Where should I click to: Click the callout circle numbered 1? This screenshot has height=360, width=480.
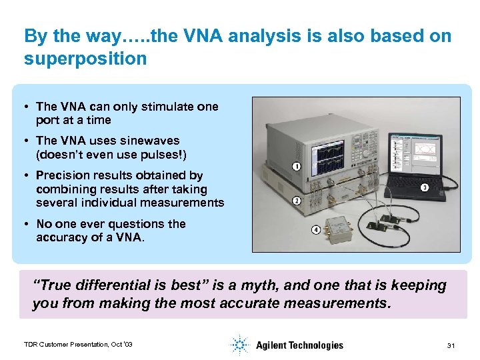coord(296,166)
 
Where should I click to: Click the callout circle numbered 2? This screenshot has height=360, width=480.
coord(296,200)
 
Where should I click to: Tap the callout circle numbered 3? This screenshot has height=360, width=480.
coord(424,187)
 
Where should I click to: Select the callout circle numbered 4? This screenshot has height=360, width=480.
coord(315,230)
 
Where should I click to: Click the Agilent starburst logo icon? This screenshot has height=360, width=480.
coord(239,345)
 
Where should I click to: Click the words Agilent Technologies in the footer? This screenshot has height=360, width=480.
coord(299,345)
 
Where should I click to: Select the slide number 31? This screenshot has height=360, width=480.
coord(451,345)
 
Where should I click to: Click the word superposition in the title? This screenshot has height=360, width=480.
coord(85,59)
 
